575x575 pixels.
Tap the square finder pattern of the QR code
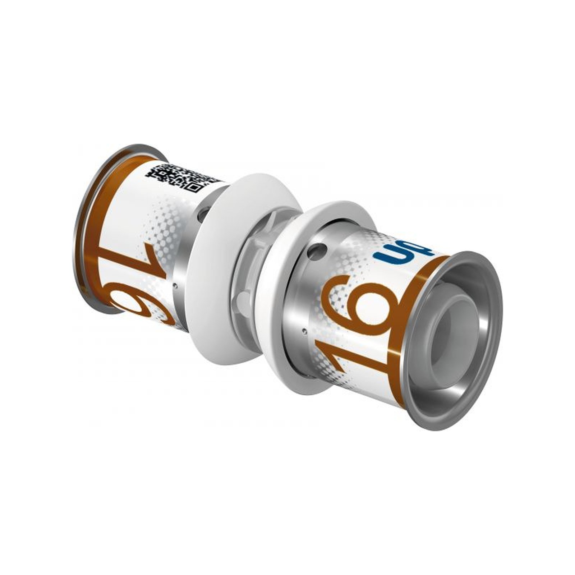pyautogui.click(x=193, y=187)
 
